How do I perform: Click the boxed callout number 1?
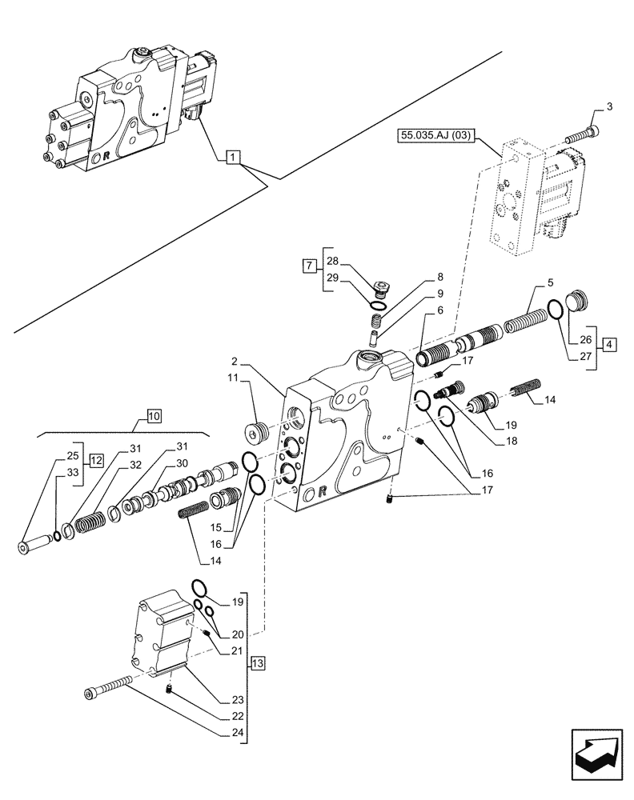(x=230, y=158)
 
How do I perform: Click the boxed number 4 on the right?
(x=610, y=345)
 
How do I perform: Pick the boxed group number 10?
(x=154, y=415)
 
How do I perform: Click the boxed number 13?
(x=256, y=663)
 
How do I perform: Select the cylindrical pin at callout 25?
(x=33, y=546)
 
